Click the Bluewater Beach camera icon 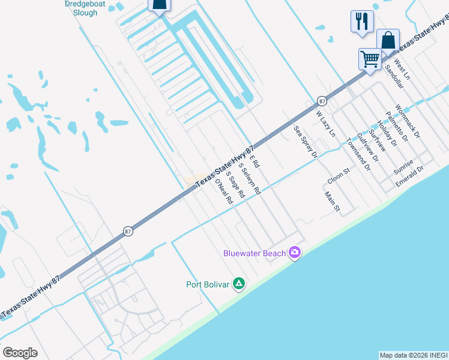click(294, 253)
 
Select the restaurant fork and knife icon click(362, 22)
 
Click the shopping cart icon click(370, 59)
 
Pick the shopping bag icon click(388, 41)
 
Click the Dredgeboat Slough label click(80, 8)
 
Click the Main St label click(332, 202)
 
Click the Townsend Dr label click(358, 155)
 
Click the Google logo click(20, 353)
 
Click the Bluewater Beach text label click(255, 253)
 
